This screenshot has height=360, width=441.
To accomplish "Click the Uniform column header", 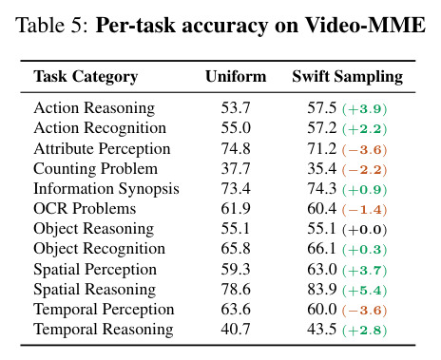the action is pos(236,76).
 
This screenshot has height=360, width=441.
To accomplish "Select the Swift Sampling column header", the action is pos(348,77).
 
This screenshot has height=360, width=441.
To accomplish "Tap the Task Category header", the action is pos(86,77).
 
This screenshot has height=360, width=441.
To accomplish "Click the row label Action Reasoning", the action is pos(94,108).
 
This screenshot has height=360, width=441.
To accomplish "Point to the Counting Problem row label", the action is pos(95,168).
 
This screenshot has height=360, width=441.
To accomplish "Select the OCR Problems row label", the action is pos(85,209).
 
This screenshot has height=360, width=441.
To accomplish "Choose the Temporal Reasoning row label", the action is pos(104,330).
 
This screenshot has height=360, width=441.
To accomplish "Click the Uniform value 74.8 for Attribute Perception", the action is pos(236,148).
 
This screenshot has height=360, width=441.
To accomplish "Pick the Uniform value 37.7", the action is pos(236,168).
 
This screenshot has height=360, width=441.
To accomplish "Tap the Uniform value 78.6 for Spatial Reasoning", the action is pos(236,289).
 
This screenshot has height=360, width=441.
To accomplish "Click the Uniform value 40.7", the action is pos(236,329).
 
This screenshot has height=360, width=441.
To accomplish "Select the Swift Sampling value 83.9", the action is pos(322,289).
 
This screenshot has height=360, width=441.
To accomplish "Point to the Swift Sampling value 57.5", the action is pos(322,108).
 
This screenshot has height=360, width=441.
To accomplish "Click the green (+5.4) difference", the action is pos(365,291).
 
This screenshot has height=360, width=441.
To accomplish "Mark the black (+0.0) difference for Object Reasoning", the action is pos(365,230).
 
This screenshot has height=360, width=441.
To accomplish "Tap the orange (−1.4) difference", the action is pos(365,210).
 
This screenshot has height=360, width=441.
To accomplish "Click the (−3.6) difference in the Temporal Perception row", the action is pos(365,311).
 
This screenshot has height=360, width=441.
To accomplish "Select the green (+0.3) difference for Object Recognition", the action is pos(365,250).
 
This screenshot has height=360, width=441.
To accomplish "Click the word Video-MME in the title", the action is pos(365,25).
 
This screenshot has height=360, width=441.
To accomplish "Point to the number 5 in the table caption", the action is pos(77,26).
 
